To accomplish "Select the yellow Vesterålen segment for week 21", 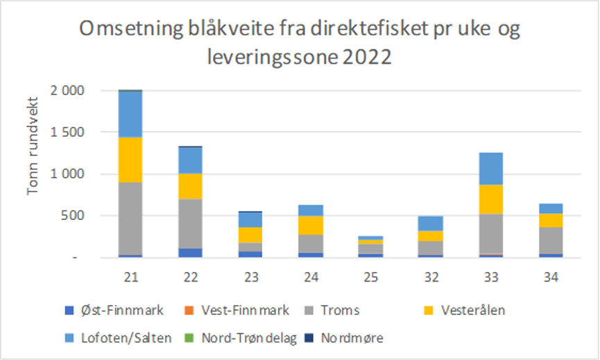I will (130, 160).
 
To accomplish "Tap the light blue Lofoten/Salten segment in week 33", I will (490, 169).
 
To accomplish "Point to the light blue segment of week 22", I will (190, 160).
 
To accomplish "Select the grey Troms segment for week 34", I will (550, 240).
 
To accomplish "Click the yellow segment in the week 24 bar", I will (310, 225).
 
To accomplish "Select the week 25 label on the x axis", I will (370, 276).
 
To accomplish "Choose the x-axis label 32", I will (430, 276).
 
